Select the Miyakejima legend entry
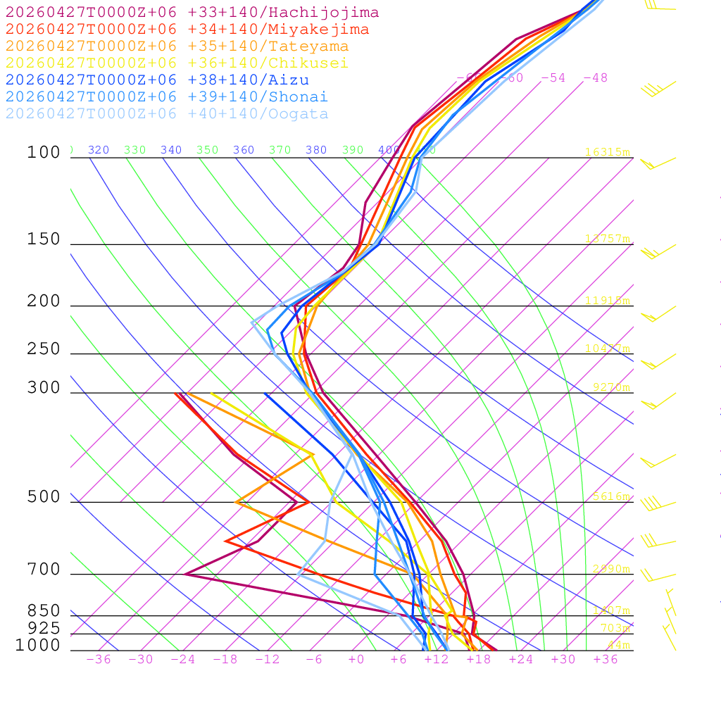click(x=187, y=30)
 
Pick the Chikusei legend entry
click(x=177, y=63)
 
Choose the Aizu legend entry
click(x=157, y=80)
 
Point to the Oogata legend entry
click(x=167, y=114)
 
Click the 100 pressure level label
click(x=44, y=153)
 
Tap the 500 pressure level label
click(x=44, y=498)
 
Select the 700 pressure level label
click(x=44, y=570)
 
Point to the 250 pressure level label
click(x=44, y=349)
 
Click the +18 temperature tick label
click(x=478, y=659)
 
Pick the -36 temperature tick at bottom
click(x=98, y=659)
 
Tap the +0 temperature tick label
click(x=356, y=659)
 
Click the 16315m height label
click(x=608, y=152)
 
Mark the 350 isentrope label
click(x=208, y=150)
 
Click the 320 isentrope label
click(x=99, y=150)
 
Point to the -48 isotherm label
click(x=595, y=78)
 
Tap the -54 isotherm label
click(x=553, y=78)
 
